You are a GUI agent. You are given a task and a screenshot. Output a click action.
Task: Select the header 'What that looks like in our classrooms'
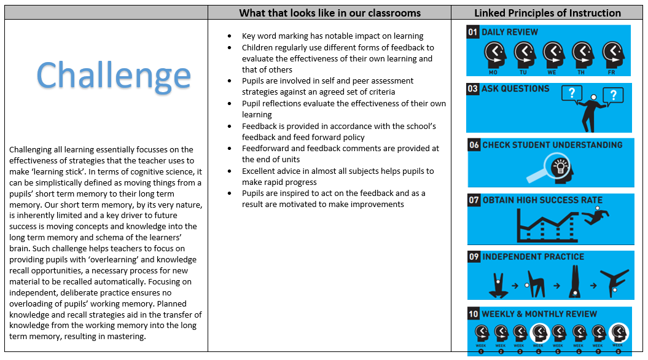tap(330, 12)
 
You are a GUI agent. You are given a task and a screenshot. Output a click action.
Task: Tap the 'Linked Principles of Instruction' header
tap(547, 12)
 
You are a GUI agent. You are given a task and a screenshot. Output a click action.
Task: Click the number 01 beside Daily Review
tap(473, 32)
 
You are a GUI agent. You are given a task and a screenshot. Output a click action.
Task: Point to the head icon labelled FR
tap(612, 55)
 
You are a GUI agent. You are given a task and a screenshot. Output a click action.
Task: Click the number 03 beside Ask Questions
tap(473, 89)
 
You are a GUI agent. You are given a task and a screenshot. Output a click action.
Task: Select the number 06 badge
tap(474, 145)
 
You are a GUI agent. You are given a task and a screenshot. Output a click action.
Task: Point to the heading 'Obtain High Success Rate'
tap(543, 200)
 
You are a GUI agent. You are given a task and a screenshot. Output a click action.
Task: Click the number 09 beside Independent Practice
tap(474, 257)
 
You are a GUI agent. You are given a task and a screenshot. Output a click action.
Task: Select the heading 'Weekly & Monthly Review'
tap(539, 314)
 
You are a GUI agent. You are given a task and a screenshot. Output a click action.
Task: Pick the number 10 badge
tap(474, 314)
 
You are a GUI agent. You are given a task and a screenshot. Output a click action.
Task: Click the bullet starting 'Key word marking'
tap(332, 36)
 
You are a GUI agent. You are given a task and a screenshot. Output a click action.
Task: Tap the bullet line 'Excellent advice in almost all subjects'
tap(337, 171)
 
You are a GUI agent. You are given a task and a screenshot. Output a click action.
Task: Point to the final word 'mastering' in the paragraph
tap(125, 337)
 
